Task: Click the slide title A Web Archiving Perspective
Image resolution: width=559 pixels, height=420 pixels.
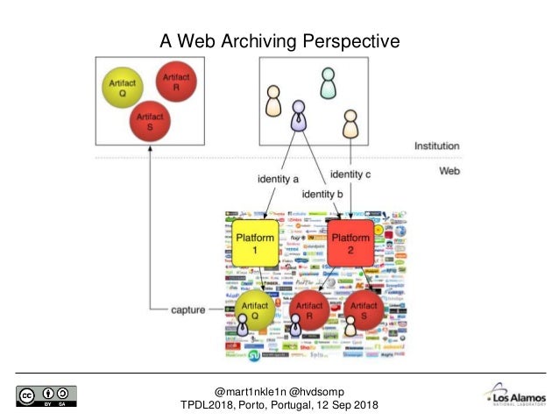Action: click(279, 40)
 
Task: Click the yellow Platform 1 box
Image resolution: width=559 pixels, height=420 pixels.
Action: click(255, 244)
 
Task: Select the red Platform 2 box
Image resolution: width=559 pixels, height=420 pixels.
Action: click(351, 244)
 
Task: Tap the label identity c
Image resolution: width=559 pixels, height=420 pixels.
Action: click(350, 174)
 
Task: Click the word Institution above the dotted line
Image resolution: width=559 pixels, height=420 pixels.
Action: click(437, 146)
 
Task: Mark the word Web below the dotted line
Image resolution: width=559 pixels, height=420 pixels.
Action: click(449, 171)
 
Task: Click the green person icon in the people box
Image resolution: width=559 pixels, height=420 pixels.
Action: click(328, 83)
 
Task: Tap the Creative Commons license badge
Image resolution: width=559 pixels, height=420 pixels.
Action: click(45, 395)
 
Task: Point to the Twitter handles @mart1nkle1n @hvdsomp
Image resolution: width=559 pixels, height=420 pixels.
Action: click(279, 390)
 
